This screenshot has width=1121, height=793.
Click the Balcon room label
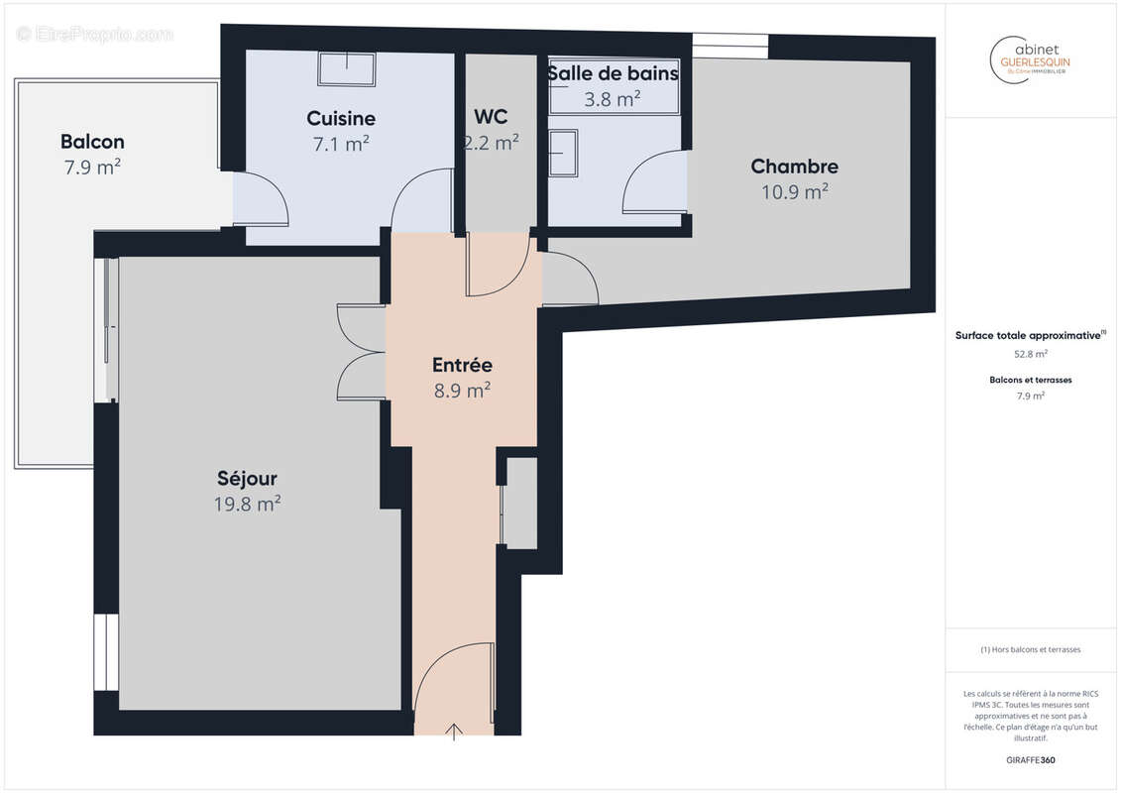click(x=92, y=142)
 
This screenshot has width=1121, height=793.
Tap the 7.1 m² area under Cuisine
click(x=341, y=145)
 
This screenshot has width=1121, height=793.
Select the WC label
click(x=492, y=116)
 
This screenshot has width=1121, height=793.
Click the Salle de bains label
click(x=613, y=73)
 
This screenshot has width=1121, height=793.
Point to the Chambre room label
click(x=794, y=167)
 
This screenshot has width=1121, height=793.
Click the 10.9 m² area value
click(x=794, y=192)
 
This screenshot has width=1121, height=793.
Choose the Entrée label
click(x=462, y=365)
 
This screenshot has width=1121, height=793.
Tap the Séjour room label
click(x=247, y=478)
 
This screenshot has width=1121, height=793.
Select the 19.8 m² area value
click(x=247, y=505)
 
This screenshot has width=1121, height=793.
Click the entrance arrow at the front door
click(x=454, y=733)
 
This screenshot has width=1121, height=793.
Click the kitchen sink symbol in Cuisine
click(x=347, y=69)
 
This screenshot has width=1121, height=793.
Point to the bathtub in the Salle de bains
click(x=613, y=97)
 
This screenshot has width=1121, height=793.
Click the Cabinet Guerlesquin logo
click(x=1030, y=57)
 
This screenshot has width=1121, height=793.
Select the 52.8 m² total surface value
click(x=1031, y=353)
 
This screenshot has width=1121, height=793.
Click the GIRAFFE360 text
click(x=1031, y=760)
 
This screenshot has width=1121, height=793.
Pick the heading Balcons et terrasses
click(x=1031, y=380)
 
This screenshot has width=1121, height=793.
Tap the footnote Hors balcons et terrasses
click(x=1031, y=649)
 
